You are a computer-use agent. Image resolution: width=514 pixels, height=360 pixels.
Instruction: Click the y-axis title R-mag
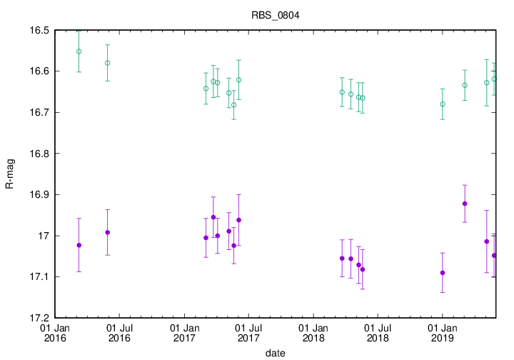[x=9, y=174]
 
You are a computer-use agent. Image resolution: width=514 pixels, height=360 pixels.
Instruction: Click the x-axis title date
[x=275, y=353]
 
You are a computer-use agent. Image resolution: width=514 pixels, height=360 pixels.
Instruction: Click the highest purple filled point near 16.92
[x=465, y=204]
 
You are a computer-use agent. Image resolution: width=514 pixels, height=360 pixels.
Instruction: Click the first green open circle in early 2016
[x=79, y=51]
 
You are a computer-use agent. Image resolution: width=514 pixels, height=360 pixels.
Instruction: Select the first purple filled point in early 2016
[x=79, y=245]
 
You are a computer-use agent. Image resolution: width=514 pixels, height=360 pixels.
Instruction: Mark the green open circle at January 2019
[x=443, y=104]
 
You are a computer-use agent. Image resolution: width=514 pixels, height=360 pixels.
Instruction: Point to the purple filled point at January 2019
[x=443, y=273]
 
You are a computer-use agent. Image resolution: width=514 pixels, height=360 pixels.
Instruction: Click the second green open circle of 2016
[x=107, y=63]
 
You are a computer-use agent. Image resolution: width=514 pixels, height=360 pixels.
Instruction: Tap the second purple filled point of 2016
[x=107, y=232]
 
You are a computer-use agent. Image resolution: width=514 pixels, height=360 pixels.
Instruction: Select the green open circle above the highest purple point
[x=465, y=85]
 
